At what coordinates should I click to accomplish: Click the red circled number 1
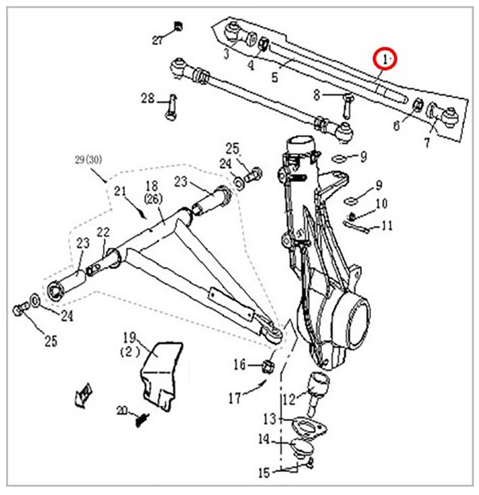coord(387,59)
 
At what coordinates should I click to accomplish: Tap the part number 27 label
coord(158,40)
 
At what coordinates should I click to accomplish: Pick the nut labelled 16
coord(266,366)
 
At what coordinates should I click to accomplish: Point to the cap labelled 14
coord(298,448)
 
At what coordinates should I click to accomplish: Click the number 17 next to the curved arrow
coord(234,399)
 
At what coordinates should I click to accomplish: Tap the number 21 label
coord(121,192)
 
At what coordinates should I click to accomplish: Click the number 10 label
coord(382,204)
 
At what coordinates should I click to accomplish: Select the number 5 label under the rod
coord(275,77)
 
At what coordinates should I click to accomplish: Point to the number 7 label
coord(427,142)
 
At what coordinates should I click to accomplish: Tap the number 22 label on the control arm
coord(103,231)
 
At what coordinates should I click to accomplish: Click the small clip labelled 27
coord(178,26)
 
